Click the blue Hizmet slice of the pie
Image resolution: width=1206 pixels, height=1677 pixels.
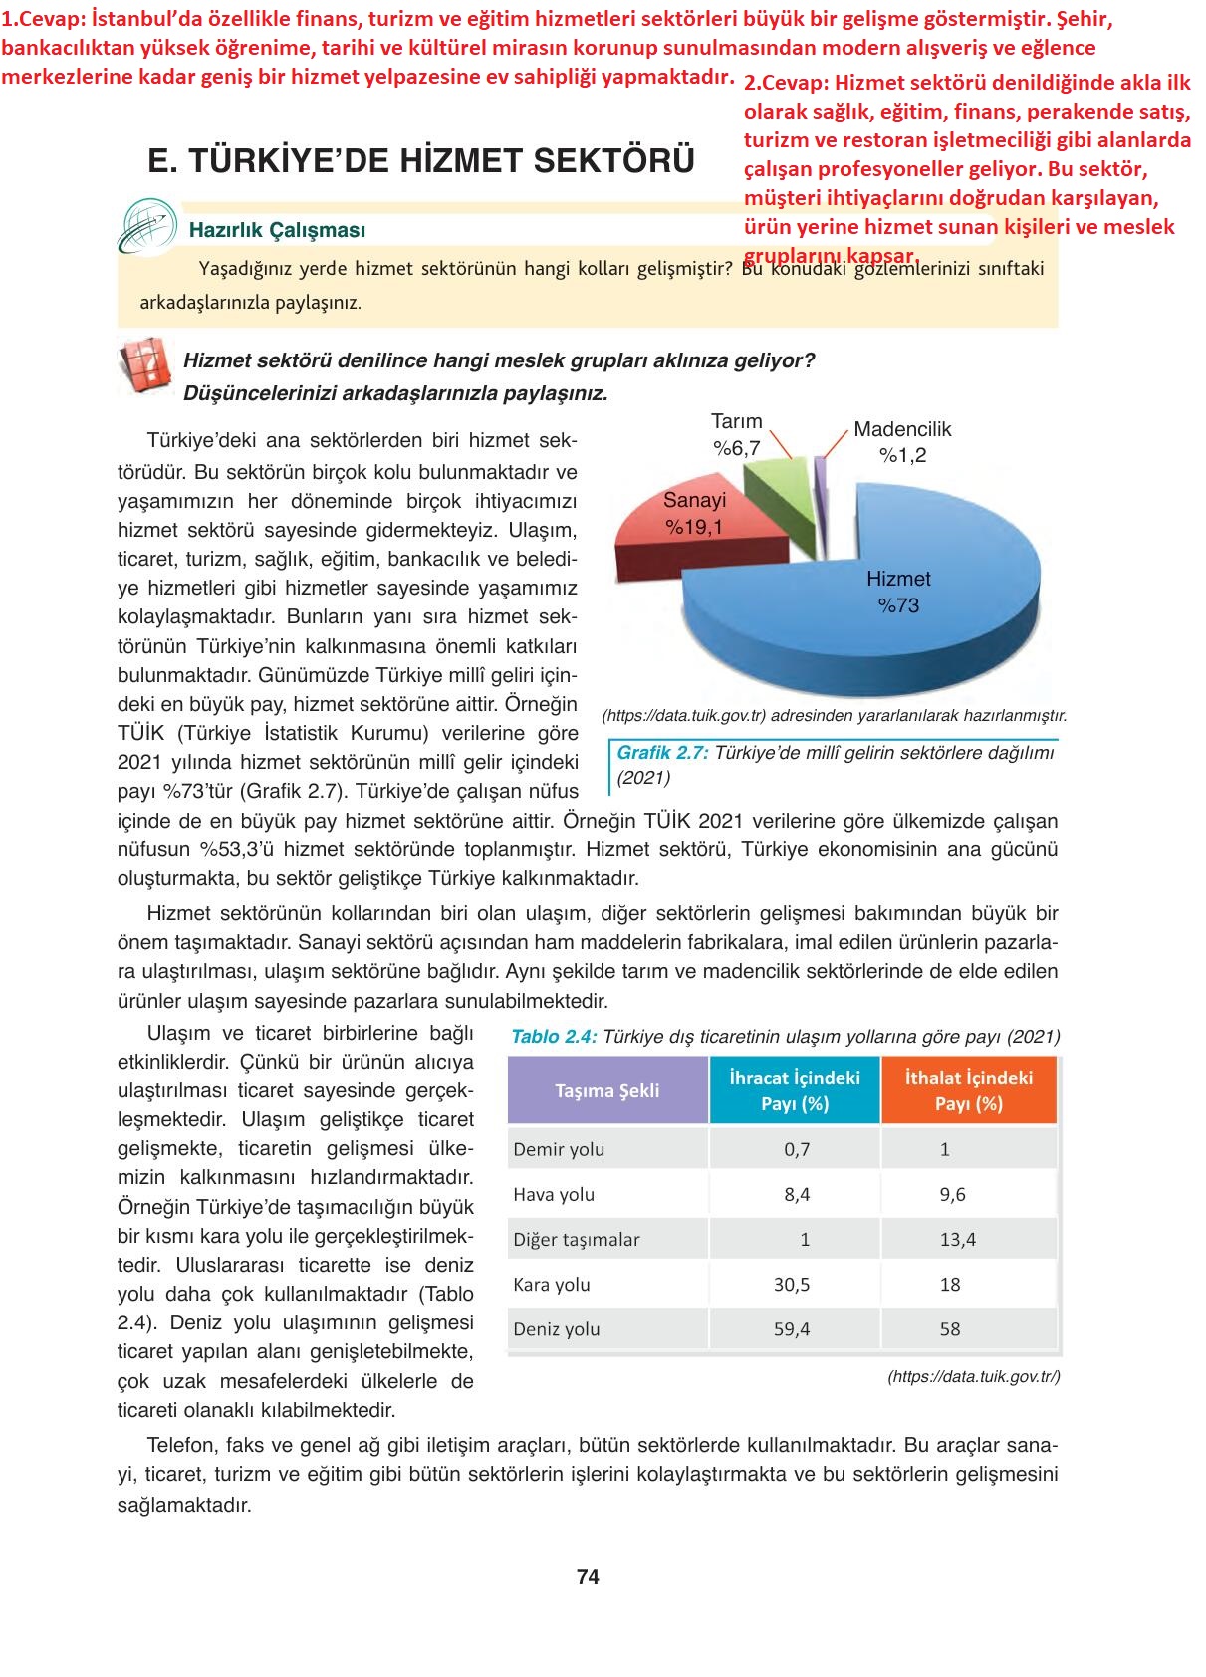click(896, 617)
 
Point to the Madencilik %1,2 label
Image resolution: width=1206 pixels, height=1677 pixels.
click(902, 442)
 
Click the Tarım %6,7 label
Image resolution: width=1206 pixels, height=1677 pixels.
click(737, 435)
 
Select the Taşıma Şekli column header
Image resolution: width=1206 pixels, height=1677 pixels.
click(606, 1090)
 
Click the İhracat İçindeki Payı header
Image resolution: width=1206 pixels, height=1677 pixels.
click(795, 1090)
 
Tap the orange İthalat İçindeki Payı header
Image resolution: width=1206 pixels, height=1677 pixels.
click(968, 1090)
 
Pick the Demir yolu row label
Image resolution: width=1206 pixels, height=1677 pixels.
click(559, 1149)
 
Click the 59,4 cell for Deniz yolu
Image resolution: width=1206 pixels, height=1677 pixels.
click(792, 1329)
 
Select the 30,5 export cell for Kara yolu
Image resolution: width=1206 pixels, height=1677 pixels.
click(792, 1285)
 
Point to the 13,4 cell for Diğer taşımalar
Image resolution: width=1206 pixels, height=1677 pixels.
click(957, 1240)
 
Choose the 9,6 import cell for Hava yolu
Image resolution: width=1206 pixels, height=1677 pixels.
click(952, 1194)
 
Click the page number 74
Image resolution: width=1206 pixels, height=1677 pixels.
click(588, 1577)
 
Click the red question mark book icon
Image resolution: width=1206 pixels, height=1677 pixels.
click(145, 365)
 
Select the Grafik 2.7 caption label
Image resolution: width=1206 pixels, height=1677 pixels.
click(662, 753)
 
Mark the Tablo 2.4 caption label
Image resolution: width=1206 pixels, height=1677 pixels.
click(554, 1037)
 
